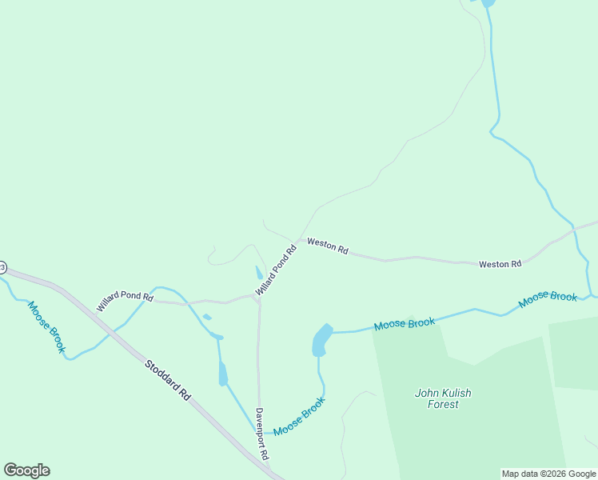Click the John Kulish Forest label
(443, 398)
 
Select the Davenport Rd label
(261, 434)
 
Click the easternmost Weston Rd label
(500, 263)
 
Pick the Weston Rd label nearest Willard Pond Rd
(328, 246)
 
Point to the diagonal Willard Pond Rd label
(277, 269)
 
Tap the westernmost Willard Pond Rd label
(125, 301)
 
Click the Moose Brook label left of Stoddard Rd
(46, 326)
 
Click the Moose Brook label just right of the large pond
(405, 324)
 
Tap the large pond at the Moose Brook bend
(321, 340)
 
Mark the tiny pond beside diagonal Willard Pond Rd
(259, 272)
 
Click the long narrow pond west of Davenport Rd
(223, 373)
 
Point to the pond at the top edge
(488, 3)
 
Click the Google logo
(26, 470)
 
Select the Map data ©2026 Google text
(548, 474)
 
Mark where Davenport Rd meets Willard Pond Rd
(257, 298)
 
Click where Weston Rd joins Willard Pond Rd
(300, 239)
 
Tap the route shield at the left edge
(2, 266)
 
